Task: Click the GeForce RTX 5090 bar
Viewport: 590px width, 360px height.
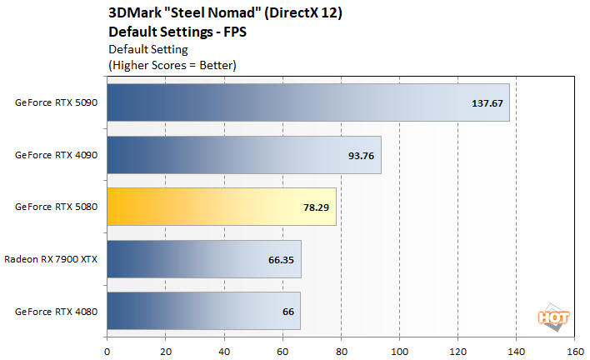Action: (x=307, y=102)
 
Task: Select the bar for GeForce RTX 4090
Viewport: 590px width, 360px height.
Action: (x=243, y=155)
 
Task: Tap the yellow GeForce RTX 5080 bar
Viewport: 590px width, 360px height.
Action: (x=221, y=207)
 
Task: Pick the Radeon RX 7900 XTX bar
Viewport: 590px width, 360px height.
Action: (x=203, y=259)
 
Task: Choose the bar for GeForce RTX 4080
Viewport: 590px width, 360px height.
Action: (x=203, y=311)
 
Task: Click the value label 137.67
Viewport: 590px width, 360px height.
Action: (x=488, y=103)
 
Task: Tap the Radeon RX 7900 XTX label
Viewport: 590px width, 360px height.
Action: (x=51, y=259)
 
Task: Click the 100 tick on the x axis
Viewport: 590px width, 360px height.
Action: (x=399, y=350)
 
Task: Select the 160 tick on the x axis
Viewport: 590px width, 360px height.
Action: (x=574, y=350)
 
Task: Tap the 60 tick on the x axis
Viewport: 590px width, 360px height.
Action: (x=282, y=350)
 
